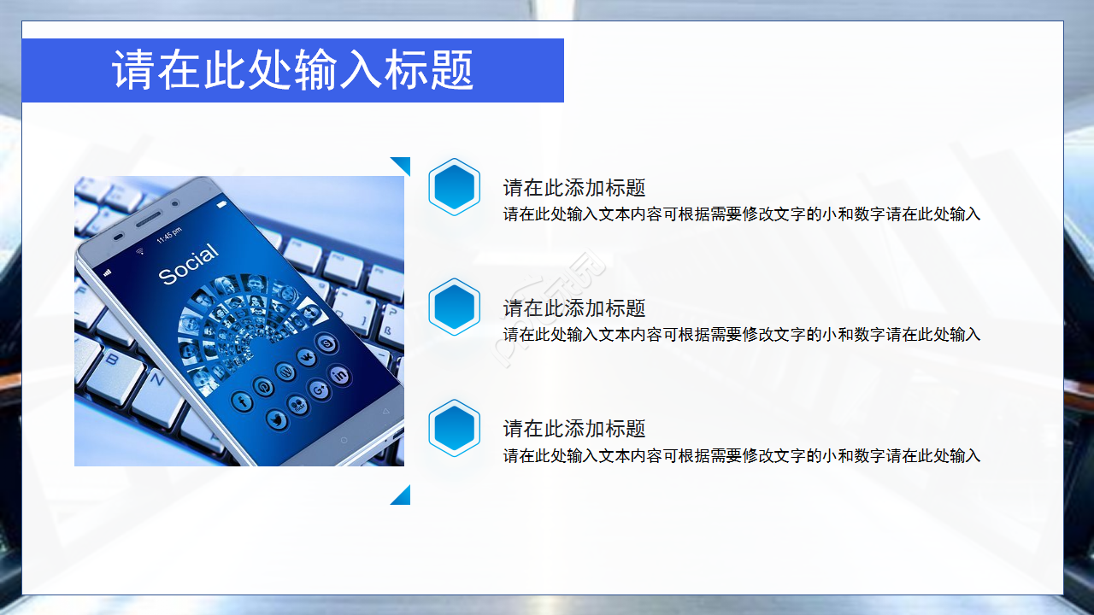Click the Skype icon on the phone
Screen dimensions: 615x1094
[326, 343]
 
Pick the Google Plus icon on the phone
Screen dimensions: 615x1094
[319, 389]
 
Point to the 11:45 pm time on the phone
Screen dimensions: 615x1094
[168, 233]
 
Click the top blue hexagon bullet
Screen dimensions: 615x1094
[454, 186]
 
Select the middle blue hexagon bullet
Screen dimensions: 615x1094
[454, 307]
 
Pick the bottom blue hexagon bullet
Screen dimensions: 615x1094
[454, 427]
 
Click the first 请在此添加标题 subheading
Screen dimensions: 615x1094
[573, 188]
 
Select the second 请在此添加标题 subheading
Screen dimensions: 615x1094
[573, 308]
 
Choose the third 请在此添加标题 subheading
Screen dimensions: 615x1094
[573, 429]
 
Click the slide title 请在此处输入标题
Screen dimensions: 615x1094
[293, 70]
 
